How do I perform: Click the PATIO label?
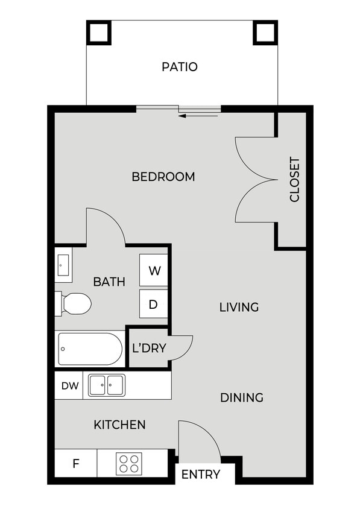[180, 66]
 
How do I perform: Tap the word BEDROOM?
[163, 177]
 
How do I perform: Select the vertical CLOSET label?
[294, 180]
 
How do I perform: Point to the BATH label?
[109, 282]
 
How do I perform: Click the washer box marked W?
[154, 271]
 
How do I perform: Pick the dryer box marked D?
[153, 305]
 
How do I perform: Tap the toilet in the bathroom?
[74, 303]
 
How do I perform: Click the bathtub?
[90, 349]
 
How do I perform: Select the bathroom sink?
[64, 265]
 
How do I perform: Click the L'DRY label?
[149, 348]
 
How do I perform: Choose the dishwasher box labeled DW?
[70, 385]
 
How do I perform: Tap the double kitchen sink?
[107, 385]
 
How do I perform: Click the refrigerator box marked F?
[76, 464]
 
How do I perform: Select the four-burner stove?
[128, 463]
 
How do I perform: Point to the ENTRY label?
[201, 475]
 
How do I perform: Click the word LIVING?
[239, 307]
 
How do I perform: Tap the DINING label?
[241, 397]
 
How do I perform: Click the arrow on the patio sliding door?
[199, 115]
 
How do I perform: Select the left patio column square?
[98, 32]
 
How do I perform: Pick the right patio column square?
[265, 32]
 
